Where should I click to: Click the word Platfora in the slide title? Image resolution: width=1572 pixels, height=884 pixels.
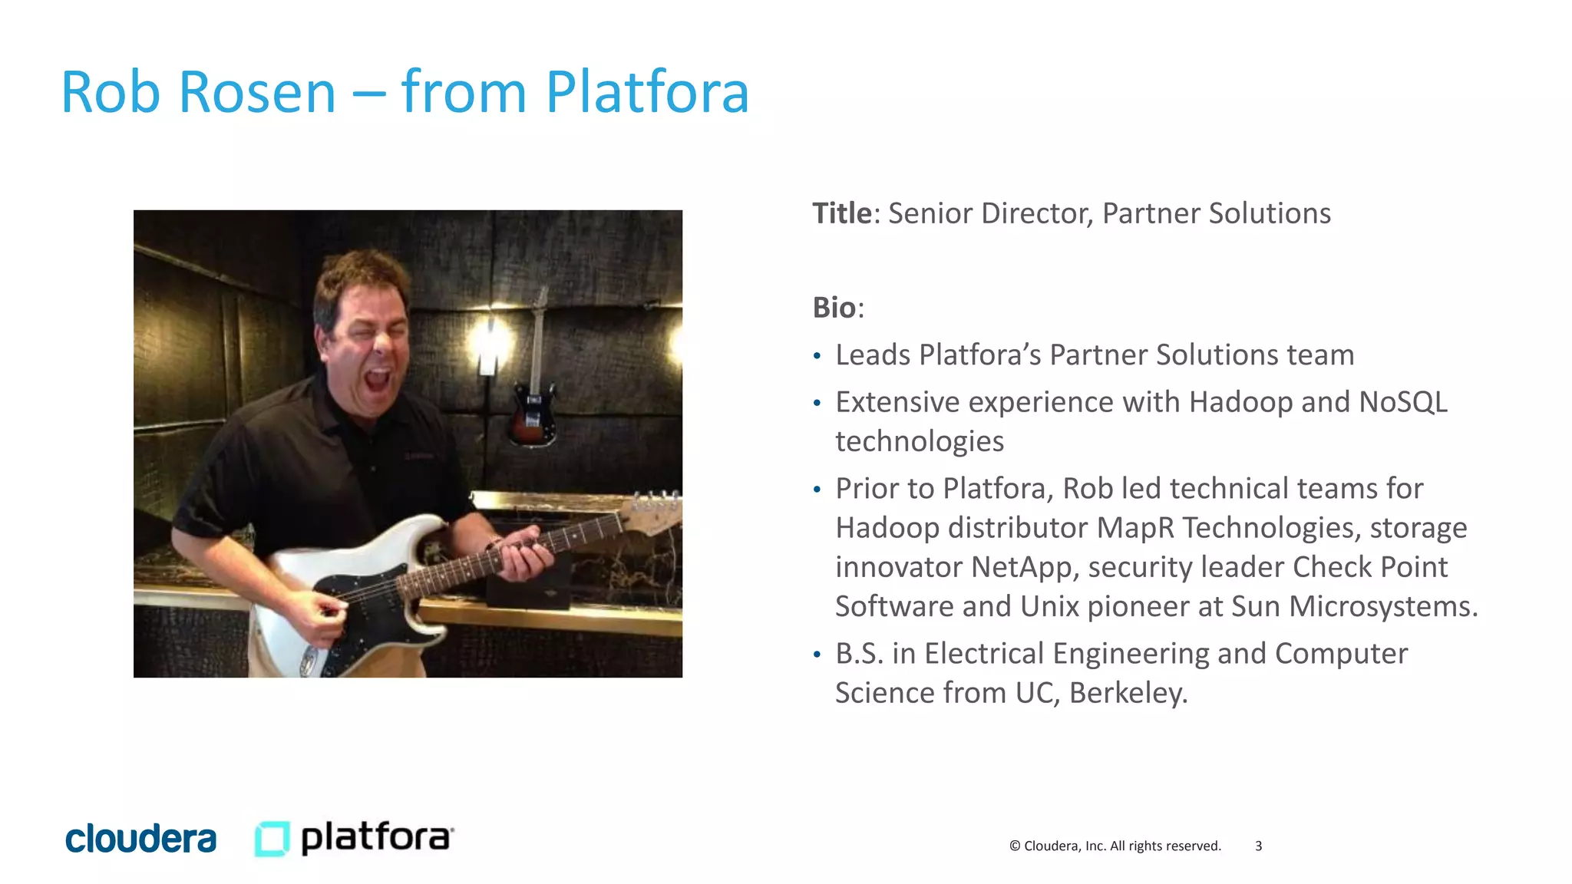647,92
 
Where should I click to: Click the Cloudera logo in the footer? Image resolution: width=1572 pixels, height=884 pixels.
140,839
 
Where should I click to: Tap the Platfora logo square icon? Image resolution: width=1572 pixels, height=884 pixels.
272,839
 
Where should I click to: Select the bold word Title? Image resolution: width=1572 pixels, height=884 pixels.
842,213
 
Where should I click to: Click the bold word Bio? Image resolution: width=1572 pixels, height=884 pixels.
834,308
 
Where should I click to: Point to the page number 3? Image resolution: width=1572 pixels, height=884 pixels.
1258,846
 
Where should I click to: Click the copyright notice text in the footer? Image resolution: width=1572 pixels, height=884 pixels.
1115,846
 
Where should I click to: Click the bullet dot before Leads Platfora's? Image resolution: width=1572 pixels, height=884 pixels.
817,356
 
